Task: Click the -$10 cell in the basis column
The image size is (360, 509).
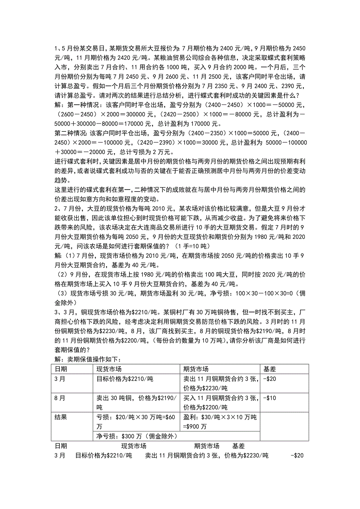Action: click(x=270, y=398)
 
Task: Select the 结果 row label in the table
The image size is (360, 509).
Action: click(x=61, y=417)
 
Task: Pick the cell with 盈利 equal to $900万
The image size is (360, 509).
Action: click(x=221, y=421)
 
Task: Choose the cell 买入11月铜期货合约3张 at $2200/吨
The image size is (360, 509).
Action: click(x=221, y=402)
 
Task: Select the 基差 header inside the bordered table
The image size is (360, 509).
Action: click(x=270, y=369)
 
